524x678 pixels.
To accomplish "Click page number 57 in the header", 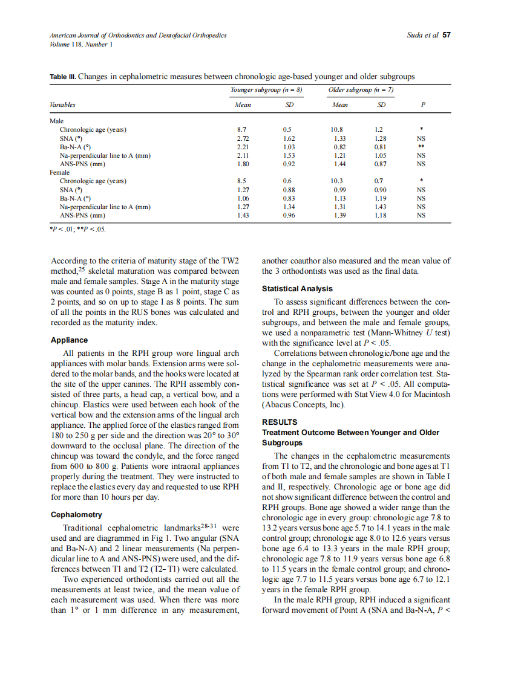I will (x=447, y=36).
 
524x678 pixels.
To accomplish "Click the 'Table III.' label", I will (x=63, y=77).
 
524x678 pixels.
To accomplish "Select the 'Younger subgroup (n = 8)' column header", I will (x=266, y=90).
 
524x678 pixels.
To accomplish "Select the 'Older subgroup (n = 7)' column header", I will (x=361, y=90).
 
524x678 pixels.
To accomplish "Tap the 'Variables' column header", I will (x=62, y=105).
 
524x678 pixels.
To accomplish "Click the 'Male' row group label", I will (x=56, y=121).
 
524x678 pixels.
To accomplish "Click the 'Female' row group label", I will (x=59, y=172).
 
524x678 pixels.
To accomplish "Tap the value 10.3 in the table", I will (x=337, y=181).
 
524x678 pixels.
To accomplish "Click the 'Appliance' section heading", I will (x=68, y=340).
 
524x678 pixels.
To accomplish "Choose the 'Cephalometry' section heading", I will (x=77, y=515).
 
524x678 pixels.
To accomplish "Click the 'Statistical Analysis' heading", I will (x=296, y=289).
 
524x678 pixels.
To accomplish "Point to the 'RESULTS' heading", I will (x=279, y=422).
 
